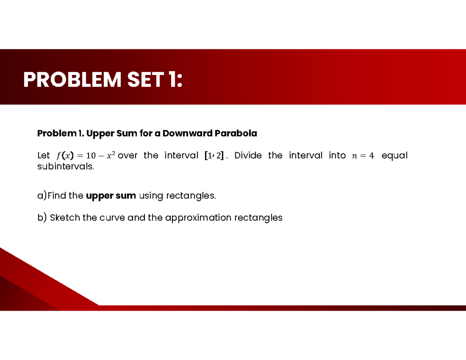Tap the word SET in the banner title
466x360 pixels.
tap(144, 80)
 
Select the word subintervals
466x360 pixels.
tap(65, 167)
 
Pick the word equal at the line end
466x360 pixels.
tap(395, 156)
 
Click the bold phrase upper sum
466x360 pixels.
tap(111, 196)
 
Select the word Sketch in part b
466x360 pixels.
tap(65, 217)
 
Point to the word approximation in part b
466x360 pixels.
tap(198, 217)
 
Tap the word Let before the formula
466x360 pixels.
tap(43, 156)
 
